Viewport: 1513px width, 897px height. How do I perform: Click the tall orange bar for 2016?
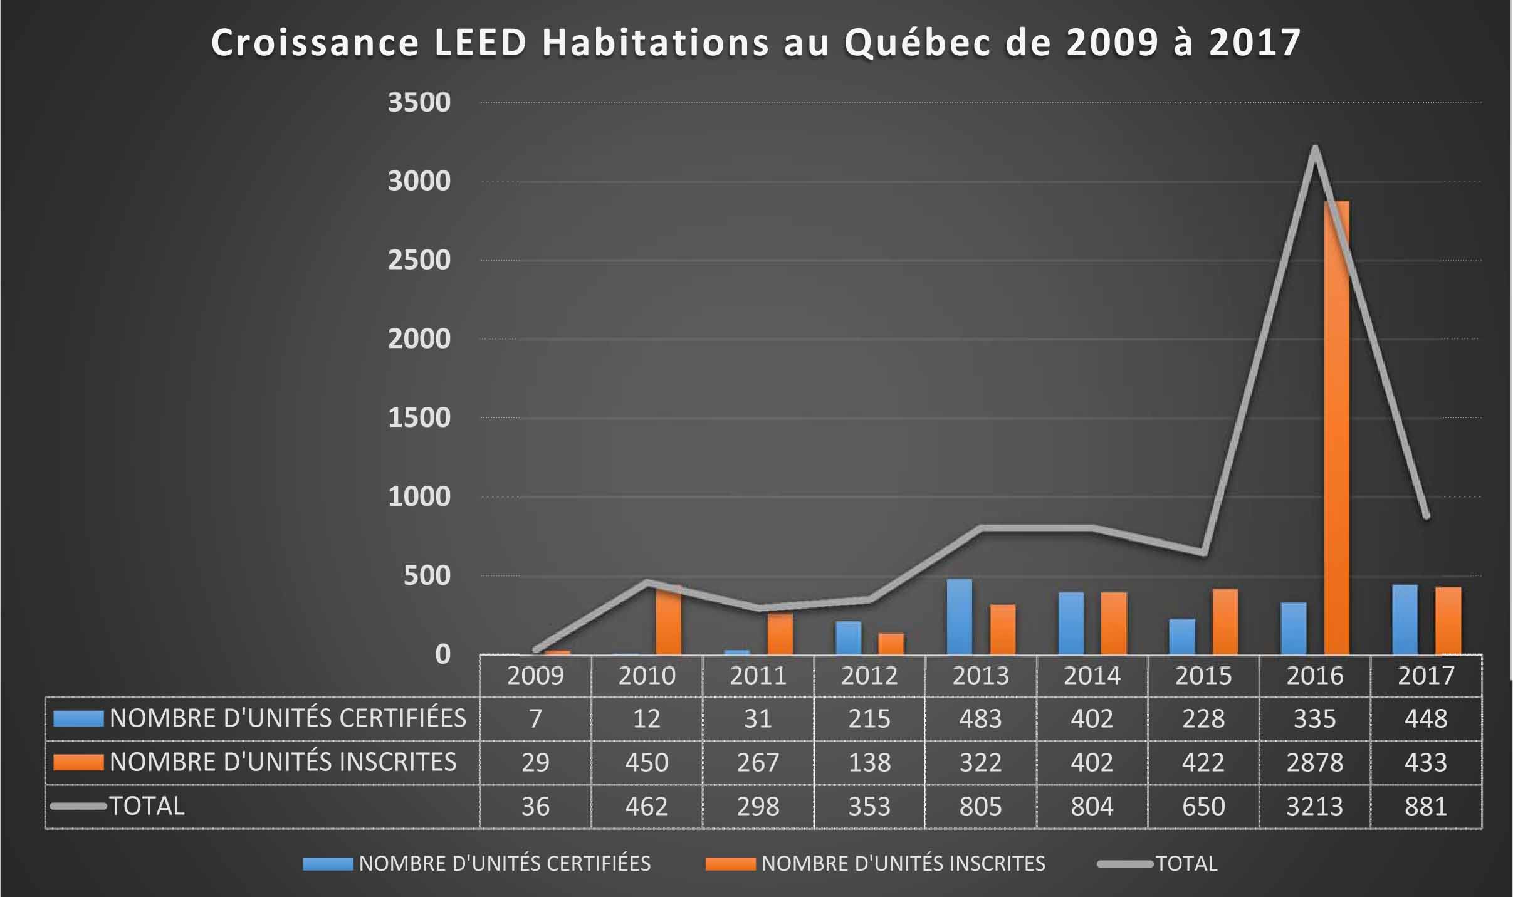[1336, 426]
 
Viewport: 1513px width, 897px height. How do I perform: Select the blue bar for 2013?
[959, 617]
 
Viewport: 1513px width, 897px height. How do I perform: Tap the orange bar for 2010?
[668, 621]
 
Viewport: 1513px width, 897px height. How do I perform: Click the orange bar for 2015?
[1225, 622]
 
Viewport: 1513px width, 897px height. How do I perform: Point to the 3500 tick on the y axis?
[419, 102]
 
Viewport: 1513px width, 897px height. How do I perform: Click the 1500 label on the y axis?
[419, 417]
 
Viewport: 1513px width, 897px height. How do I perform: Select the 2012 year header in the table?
[869, 676]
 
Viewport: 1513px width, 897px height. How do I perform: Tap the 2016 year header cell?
[1314, 676]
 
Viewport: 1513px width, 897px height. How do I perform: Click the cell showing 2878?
[1314, 762]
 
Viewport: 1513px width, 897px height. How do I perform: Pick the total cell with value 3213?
[1314, 806]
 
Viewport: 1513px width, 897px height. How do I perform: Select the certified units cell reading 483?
[980, 718]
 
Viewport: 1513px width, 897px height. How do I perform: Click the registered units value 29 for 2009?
[535, 762]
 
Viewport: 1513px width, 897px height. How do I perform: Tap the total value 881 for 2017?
[1426, 806]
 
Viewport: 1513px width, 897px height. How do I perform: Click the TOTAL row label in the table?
[147, 806]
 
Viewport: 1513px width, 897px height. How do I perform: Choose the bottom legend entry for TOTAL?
[1186, 864]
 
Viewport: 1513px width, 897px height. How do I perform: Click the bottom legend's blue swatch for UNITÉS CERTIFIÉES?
[327, 864]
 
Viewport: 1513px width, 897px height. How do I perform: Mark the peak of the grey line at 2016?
[1314, 149]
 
